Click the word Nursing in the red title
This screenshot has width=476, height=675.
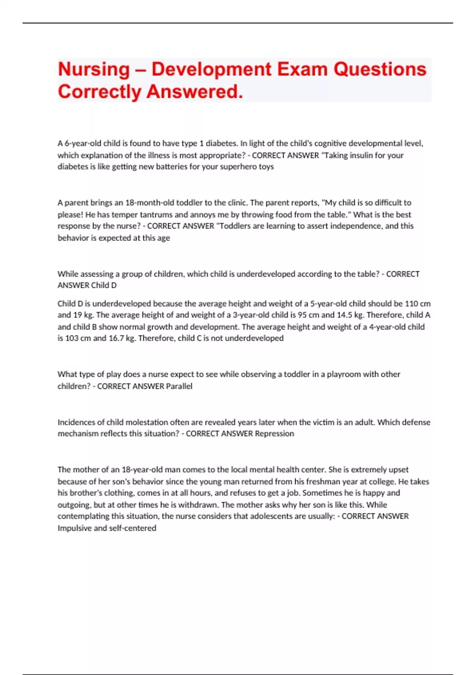(94, 69)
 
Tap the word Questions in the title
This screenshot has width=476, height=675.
(380, 69)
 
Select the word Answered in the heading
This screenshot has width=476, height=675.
(194, 92)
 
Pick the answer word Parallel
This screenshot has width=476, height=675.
(179, 386)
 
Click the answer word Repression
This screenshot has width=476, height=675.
(274, 434)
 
